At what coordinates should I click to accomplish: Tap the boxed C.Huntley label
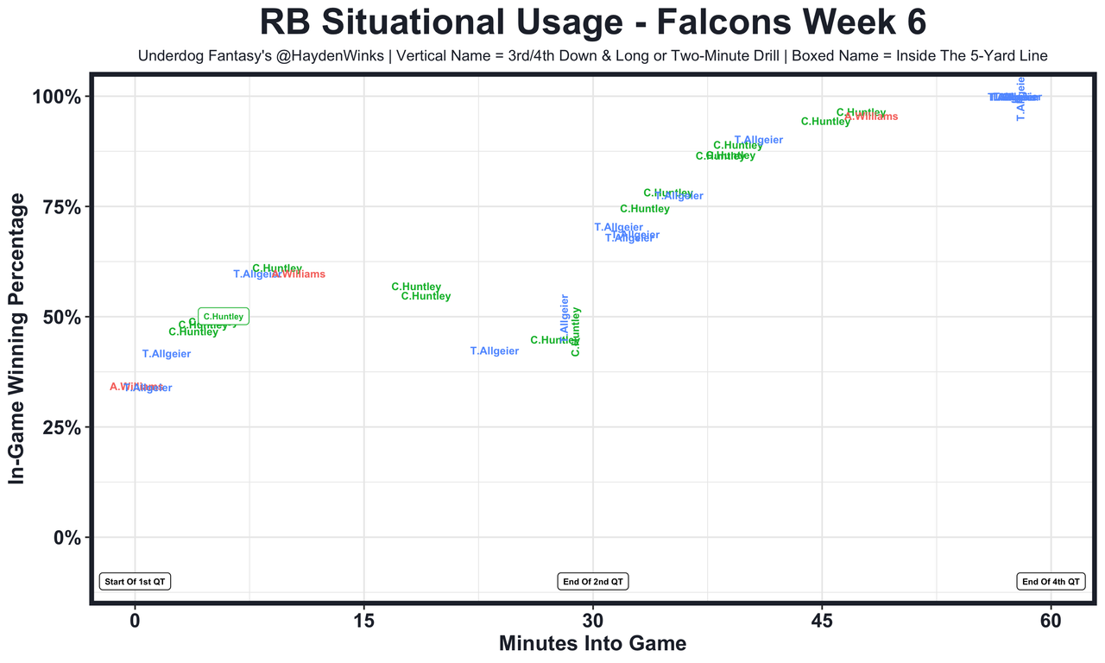[x=224, y=317]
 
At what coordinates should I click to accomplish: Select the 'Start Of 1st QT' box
[x=136, y=582]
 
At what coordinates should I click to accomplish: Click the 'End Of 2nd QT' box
[x=593, y=582]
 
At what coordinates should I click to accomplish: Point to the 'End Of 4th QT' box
[x=1051, y=582]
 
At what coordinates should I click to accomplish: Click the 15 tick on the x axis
[x=363, y=622]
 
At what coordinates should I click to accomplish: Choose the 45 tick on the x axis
[x=822, y=622]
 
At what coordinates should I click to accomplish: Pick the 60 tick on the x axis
[x=1051, y=622]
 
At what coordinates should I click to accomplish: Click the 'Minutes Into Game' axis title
[x=593, y=644]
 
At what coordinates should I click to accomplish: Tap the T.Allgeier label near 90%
[x=759, y=140]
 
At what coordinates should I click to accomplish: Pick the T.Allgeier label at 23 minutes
[x=495, y=351]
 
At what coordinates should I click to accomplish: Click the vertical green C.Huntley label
[x=576, y=331]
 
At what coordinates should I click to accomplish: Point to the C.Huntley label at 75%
[x=645, y=209]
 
